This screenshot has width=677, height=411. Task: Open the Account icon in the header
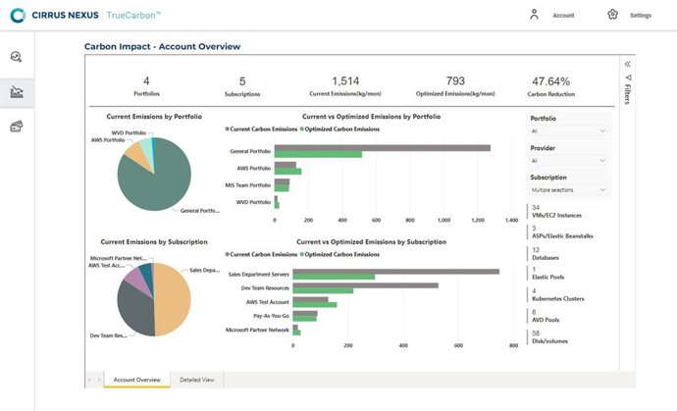534,15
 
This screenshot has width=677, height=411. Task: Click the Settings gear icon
613,15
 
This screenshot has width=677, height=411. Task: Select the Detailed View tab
197,379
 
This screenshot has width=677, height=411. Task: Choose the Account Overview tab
136,379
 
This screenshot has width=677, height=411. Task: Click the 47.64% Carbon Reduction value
550,81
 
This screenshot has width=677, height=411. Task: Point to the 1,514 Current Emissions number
346,81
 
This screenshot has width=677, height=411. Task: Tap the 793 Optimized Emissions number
454,81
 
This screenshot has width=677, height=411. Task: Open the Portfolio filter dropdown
568,130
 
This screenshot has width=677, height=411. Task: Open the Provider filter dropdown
568,160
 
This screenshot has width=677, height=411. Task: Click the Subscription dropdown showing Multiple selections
568,189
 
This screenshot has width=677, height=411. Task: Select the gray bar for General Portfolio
383,148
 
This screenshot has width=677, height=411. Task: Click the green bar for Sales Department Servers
334,277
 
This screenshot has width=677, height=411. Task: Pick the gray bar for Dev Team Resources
365,285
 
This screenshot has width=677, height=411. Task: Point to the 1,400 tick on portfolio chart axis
510,221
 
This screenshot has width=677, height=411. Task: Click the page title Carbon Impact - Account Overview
162,46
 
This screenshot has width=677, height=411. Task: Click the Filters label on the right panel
628,92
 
